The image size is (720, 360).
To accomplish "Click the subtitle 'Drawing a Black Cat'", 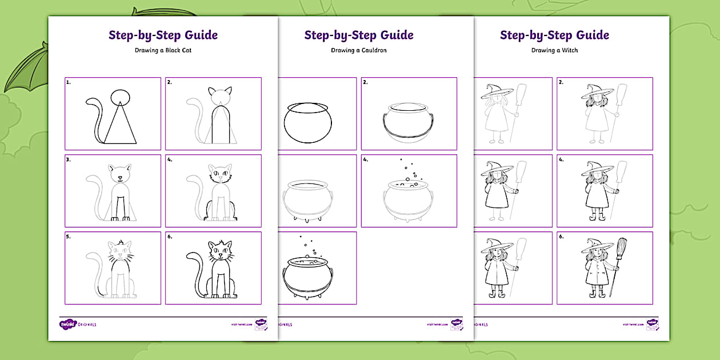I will [163, 50].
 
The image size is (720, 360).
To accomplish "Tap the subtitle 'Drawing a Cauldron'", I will [359, 50].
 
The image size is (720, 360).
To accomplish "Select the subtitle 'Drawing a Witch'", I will [554, 50].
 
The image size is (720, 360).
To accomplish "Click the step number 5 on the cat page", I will [68, 237].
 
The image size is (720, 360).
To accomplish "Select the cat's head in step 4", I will [220, 173].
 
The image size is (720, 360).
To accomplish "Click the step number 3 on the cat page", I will [68, 159].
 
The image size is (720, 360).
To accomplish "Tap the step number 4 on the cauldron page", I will [366, 159].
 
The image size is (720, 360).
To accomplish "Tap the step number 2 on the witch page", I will [561, 82].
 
